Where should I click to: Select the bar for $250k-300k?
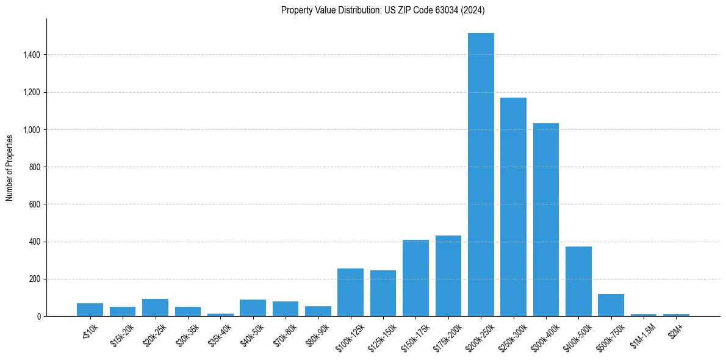tap(513, 207)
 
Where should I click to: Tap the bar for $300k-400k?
tap(546, 220)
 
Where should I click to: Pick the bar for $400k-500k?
tap(578, 281)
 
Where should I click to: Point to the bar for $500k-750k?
tap(611, 305)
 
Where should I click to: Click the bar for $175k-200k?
tap(448, 276)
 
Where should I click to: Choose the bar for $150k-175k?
tap(415, 278)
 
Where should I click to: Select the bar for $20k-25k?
tap(155, 308)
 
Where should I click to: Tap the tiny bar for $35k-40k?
tap(220, 315)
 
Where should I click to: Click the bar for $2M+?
tap(676, 315)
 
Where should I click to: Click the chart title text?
tap(383, 10)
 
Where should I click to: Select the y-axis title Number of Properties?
tap(10, 167)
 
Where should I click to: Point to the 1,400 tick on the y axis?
tap(31, 55)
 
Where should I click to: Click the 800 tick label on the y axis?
tap(34, 167)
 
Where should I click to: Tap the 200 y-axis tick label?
tap(34, 279)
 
